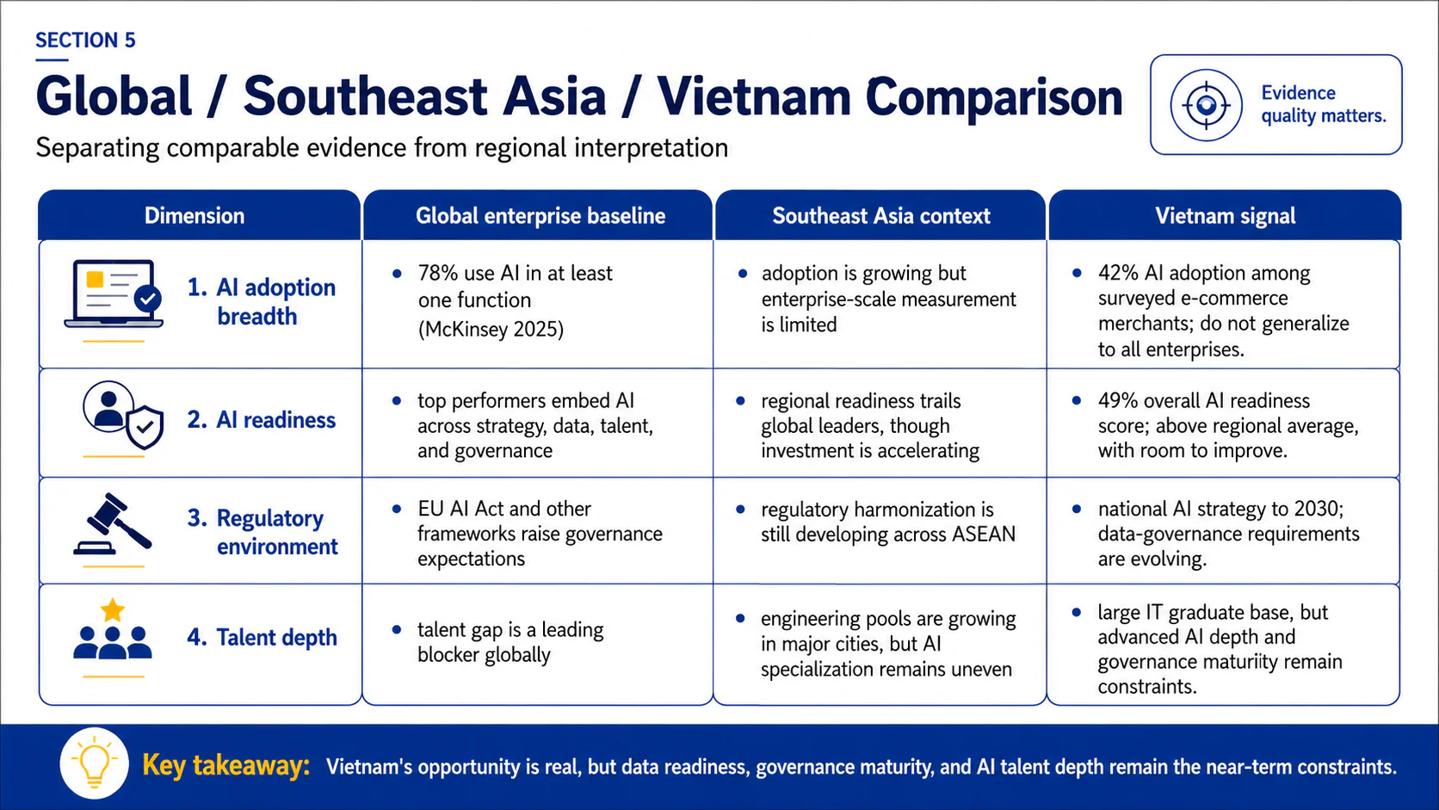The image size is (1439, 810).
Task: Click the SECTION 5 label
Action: (85, 40)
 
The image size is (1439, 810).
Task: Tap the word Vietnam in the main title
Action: (753, 97)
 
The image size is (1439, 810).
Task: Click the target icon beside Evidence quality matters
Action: (1206, 105)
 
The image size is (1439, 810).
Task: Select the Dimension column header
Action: (194, 216)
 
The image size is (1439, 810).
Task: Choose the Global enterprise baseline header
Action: (540, 216)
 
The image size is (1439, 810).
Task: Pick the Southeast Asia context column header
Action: (880, 216)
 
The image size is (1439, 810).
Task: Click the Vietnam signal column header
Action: (1225, 216)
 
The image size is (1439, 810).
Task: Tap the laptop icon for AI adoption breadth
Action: (114, 294)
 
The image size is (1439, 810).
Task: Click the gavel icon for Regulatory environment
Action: (113, 523)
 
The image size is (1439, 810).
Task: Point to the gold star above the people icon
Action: (113, 609)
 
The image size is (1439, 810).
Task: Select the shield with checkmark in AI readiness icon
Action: (145, 426)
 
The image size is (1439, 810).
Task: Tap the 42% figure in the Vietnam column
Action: (1119, 273)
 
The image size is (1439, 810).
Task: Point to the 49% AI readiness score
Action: (1119, 401)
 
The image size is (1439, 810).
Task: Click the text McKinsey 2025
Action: (491, 330)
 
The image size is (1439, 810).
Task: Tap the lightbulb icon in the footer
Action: (95, 764)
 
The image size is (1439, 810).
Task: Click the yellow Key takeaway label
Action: (226, 766)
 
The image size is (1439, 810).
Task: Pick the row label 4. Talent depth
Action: (262, 637)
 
